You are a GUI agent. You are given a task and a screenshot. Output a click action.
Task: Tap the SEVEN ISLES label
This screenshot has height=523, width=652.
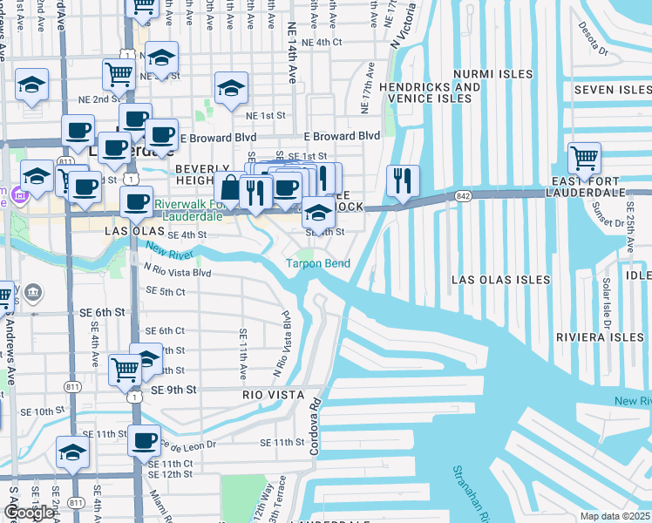[x=611, y=90]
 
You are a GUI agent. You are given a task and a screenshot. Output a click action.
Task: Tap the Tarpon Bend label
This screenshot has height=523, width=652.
[x=318, y=263]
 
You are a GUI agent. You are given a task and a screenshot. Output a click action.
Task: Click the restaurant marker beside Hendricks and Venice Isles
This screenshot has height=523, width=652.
[x=403, y=180]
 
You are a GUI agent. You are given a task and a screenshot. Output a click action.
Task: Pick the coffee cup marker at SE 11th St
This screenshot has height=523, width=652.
[x=144, y=440]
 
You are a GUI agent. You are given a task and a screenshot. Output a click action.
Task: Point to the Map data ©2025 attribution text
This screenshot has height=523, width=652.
[x=615, y=516]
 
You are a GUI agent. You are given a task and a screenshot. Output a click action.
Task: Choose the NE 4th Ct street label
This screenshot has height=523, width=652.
[x=322, y=42]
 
